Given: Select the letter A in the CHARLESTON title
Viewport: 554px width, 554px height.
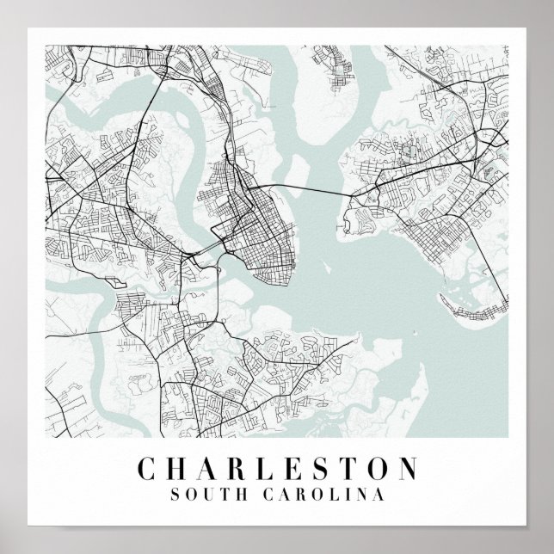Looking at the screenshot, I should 212,470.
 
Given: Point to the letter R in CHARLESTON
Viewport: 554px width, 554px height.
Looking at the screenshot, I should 243,470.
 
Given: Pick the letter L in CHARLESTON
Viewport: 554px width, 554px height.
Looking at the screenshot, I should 273,470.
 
